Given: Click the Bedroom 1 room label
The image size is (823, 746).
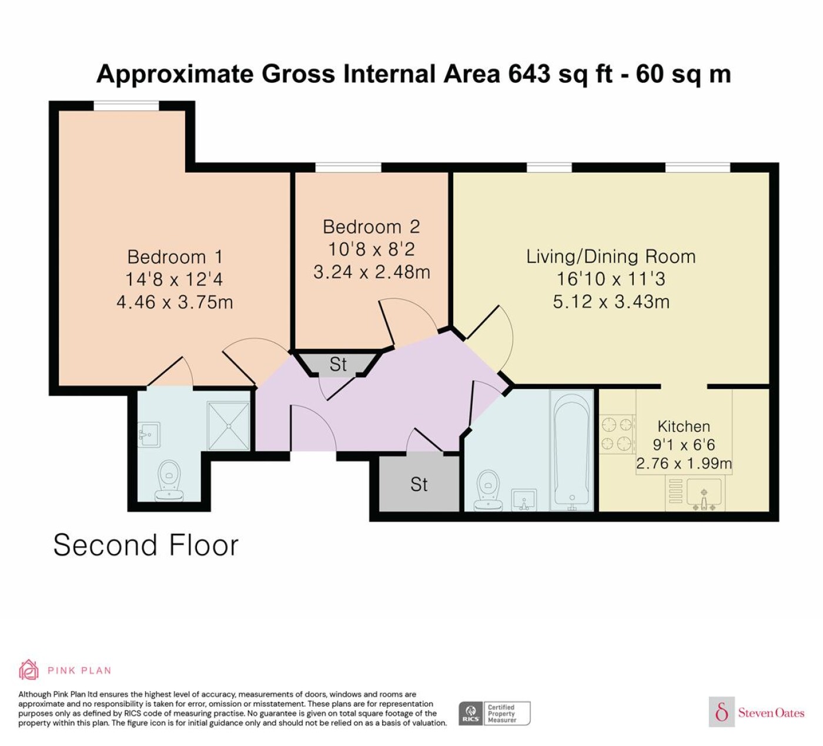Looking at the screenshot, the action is point(175,257).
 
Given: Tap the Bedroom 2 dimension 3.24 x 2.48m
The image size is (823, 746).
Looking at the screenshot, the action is point(372,272).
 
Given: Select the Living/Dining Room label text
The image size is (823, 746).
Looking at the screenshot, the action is point(611,257).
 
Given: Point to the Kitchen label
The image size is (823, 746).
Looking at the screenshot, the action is point(684,426).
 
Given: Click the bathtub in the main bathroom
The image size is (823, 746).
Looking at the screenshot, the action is point(572,451).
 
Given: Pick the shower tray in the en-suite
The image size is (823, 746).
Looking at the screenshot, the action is point(229,426).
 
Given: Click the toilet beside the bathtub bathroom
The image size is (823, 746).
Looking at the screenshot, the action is point(489,490).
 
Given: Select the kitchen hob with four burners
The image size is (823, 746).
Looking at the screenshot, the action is point(617,434).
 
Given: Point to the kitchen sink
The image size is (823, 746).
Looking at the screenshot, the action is point(704,494).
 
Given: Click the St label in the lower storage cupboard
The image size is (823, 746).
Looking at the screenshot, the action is point(419,485).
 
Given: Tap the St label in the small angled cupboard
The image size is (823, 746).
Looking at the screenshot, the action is point(338,364).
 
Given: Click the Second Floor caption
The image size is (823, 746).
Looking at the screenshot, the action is point(146,545).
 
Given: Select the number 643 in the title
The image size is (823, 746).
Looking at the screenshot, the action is point(529,74).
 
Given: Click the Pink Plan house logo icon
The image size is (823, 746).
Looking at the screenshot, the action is point(29,670).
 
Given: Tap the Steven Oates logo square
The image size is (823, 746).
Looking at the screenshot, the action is point(722,711).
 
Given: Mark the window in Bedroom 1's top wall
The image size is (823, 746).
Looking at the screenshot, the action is point(126,106).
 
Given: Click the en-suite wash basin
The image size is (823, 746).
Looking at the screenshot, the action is point(149,434).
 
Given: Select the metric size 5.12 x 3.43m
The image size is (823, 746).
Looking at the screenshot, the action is point(611,301).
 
